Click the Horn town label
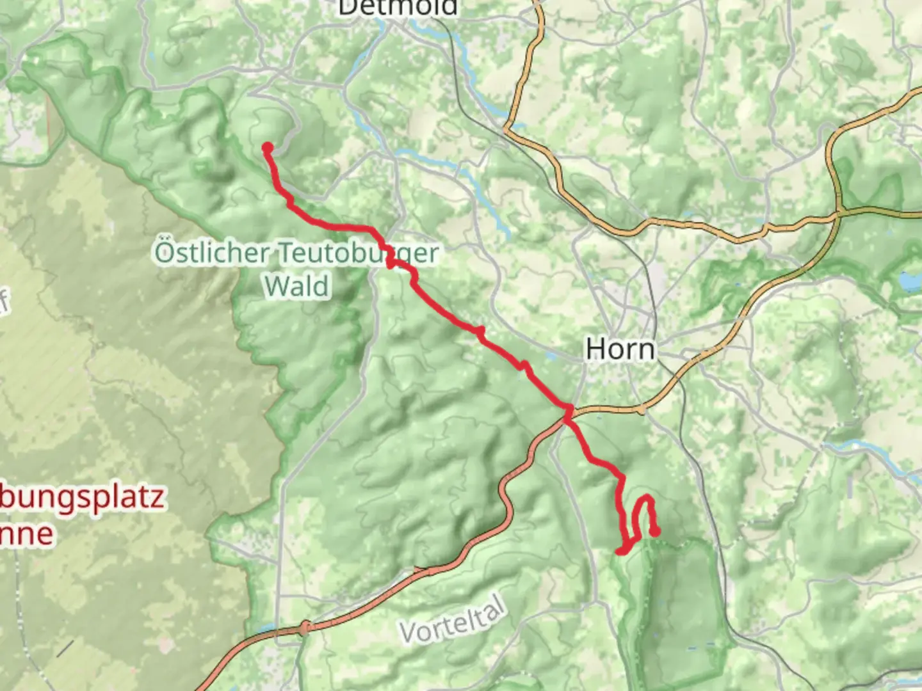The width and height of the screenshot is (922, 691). tap(620, 349)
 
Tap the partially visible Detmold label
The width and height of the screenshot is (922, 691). tap(398, 8)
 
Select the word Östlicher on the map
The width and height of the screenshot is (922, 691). tap(212, 252)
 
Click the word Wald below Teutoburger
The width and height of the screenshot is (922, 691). tap(297, 286)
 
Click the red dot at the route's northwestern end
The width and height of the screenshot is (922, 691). tap(268, 148)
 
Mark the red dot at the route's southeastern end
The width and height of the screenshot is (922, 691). tap(655, 531)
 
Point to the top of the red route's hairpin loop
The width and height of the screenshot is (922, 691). tap(646, 498)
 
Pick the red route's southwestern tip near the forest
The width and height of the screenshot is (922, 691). tap(619, 551)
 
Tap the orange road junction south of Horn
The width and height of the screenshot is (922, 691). tap(641, 409)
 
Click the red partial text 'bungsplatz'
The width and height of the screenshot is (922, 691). tap(82, 498)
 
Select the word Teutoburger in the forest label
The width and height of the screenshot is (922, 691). tap(359, 253)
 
